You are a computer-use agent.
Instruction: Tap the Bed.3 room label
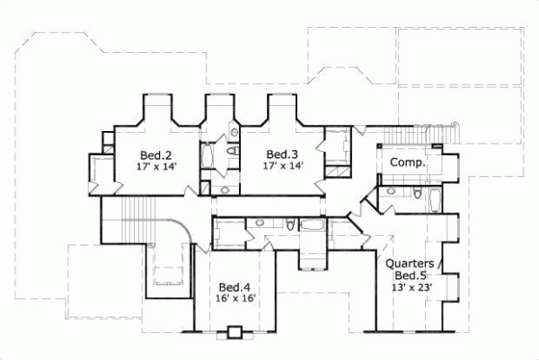[x=282, y=154]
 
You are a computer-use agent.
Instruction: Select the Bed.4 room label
[x=232, y=287]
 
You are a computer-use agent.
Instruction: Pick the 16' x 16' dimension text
[x=236, y=299]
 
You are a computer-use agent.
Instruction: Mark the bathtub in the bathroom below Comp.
[x=435, y=199]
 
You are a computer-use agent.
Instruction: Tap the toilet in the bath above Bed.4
[x=291, y=224]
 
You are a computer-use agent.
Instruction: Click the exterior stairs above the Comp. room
[x=418, y=135]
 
